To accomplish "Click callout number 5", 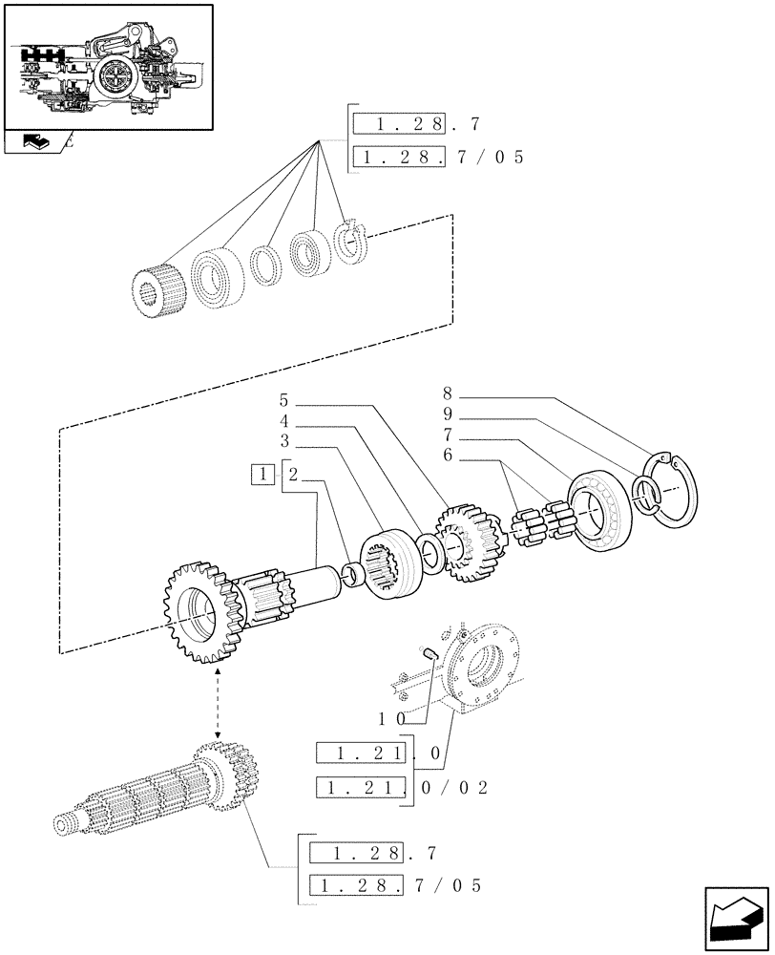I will [283, 399].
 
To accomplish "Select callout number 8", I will [448, 393].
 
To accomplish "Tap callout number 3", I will [283, 441].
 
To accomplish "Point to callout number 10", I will [392, 715].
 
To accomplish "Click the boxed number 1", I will [261, 474].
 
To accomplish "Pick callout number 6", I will [448, 456].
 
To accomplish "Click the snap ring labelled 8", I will [676, 493].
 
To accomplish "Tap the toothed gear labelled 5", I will [468, 541].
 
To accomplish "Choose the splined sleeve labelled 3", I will [387, 569].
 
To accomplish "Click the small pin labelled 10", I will [429, 653].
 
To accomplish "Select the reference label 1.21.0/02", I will [401, 788].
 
